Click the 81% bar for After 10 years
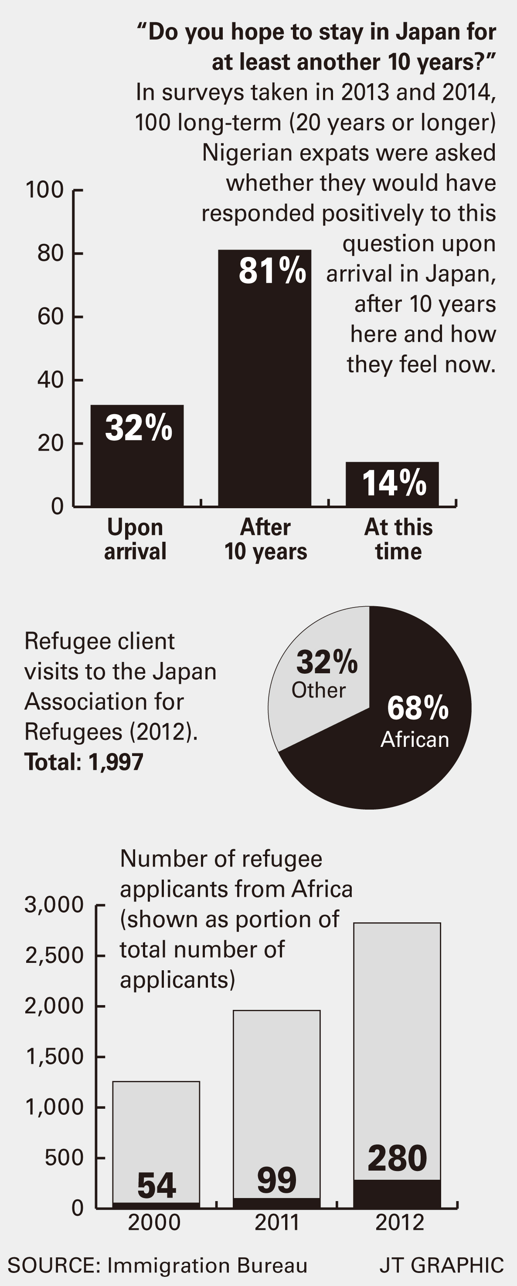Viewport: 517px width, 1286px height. pyautogui.click(x=264, y=389)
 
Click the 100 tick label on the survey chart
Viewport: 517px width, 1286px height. pyautogui.click(x=44, y=190)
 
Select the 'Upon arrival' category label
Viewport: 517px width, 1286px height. pyautogui.click(x=135, y=539)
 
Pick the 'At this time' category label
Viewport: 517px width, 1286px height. pyautogui.click(x=398, y=539)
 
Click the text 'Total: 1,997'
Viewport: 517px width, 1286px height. pyautogui.click(x=84, y=762)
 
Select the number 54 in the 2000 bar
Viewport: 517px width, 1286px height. pyautogui.click(x=156, y=1186)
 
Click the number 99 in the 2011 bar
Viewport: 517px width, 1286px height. pyautogui.click(x=277, y=1181)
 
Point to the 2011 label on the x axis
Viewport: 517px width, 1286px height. pyautogui.click(x=277, y=1222)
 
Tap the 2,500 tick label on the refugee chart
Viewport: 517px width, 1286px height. pyautogui.click(x=54, y=955)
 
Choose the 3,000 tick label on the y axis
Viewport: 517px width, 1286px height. pyautogui.click(x=54, y=905)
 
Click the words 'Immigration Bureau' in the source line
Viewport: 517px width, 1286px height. pyautogui.click(x=207, y=1266)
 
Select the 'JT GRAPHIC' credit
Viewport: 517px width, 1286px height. pyautogui.click(x=442, y=1266)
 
